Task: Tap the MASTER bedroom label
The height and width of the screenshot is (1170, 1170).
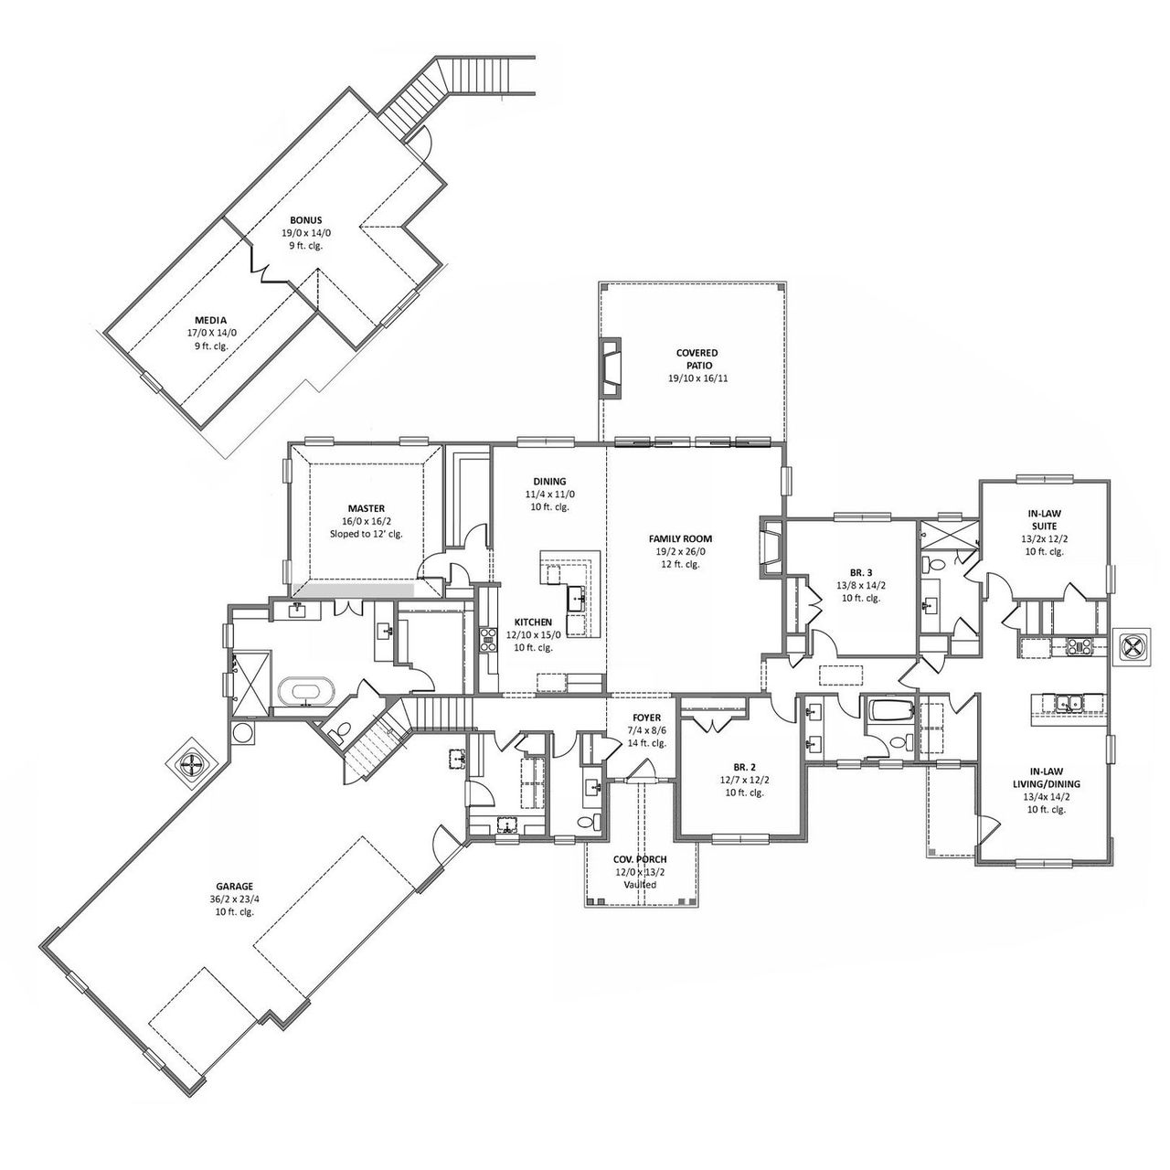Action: pos(366,507)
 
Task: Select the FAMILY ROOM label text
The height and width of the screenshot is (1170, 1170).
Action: pos(680,538)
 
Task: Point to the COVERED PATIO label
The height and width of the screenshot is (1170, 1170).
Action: pos(697,358)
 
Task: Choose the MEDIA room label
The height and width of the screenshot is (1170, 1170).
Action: pos(210,320)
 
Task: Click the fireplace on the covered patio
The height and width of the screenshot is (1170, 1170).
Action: pos(610,368)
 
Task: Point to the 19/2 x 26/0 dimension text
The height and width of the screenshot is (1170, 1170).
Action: pos(680,551)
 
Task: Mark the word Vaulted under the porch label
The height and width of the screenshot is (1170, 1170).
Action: pos(640,885)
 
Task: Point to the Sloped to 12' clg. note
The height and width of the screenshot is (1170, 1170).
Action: pos(366,533)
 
